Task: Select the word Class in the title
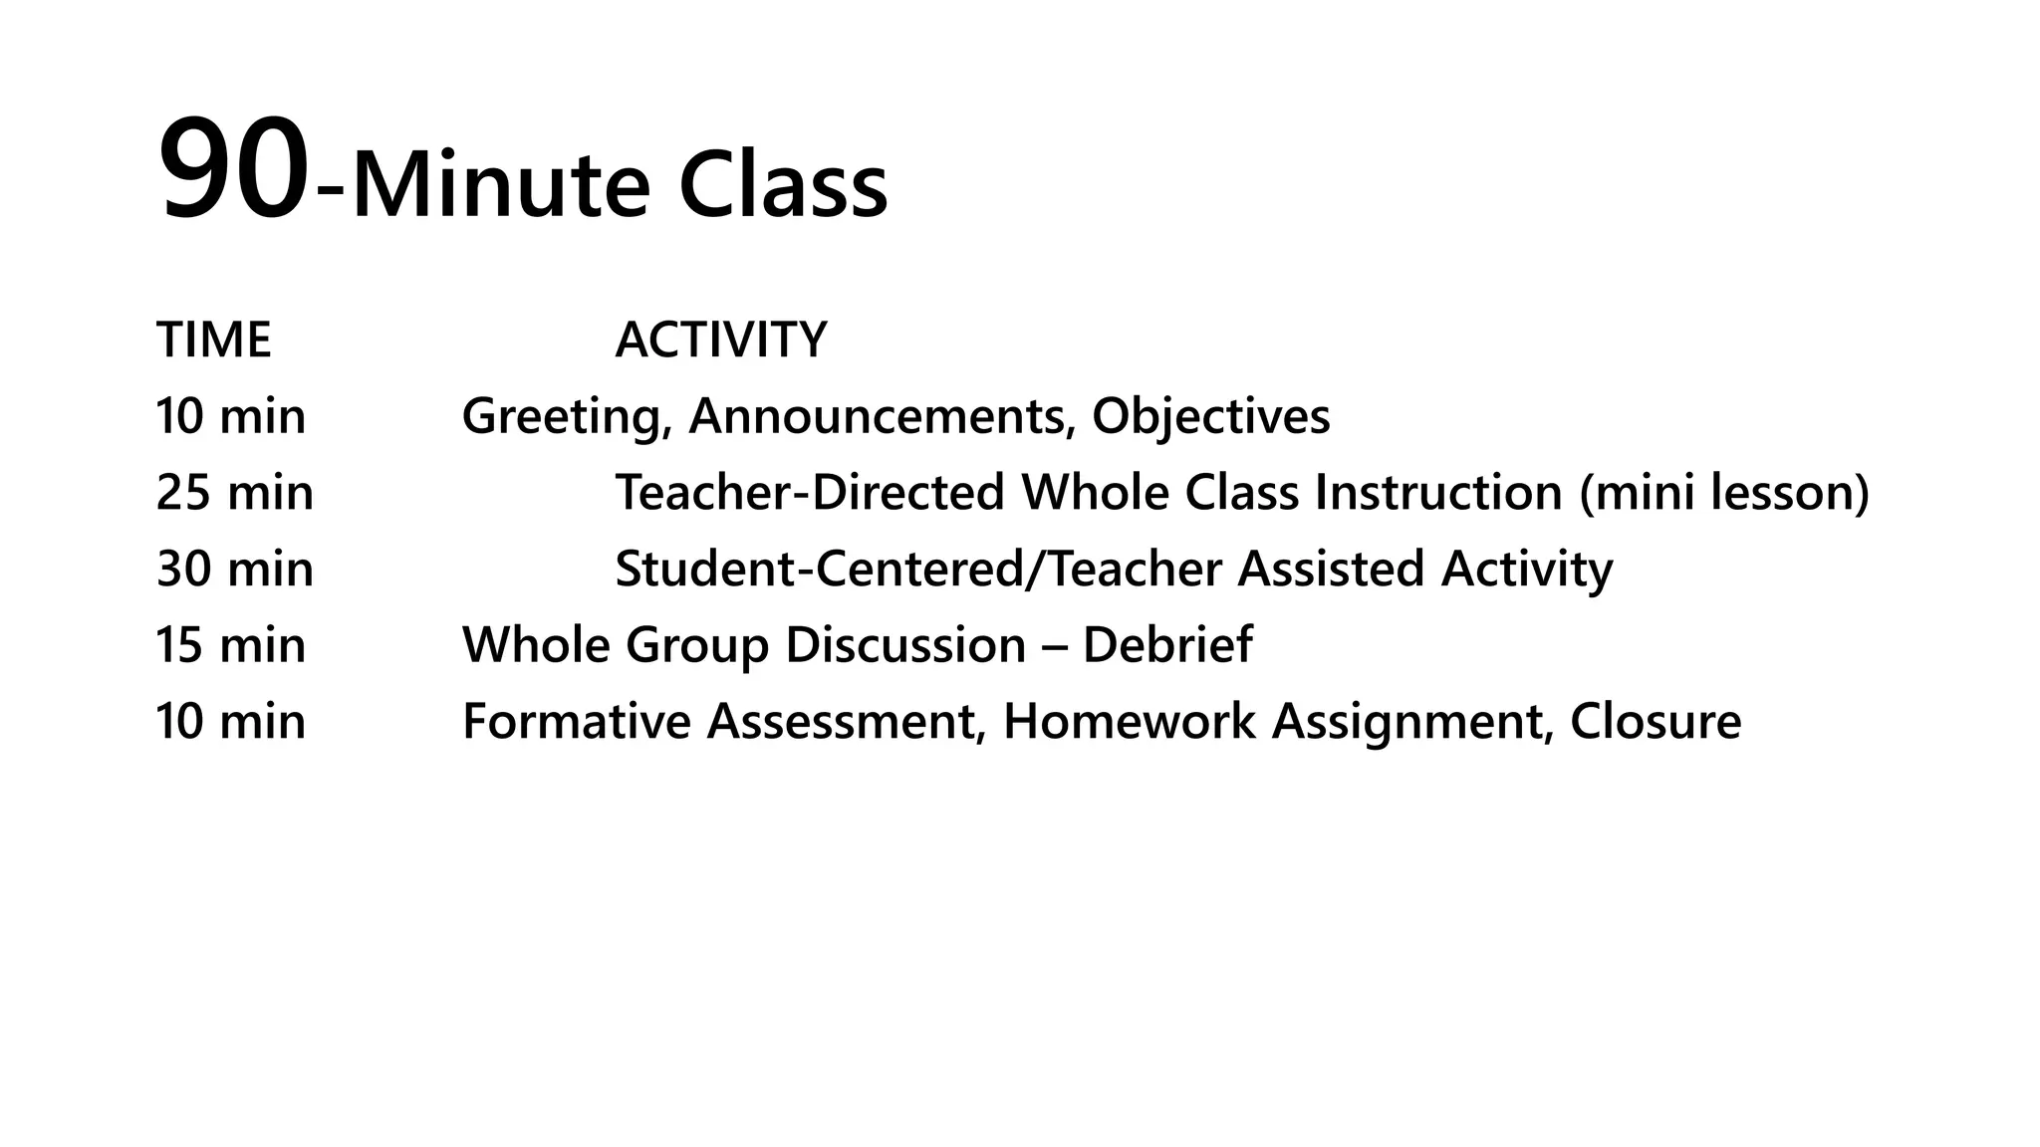(783, 187)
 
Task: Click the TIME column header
(214, 341)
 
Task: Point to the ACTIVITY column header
(721, 341)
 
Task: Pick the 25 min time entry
(235, 493)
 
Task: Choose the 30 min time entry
(235, 570)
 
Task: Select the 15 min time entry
(231, 645)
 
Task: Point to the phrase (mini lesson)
(1723, 494)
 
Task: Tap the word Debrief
(1166, 645)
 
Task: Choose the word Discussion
(905, 645)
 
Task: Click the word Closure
(1656, 722)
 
